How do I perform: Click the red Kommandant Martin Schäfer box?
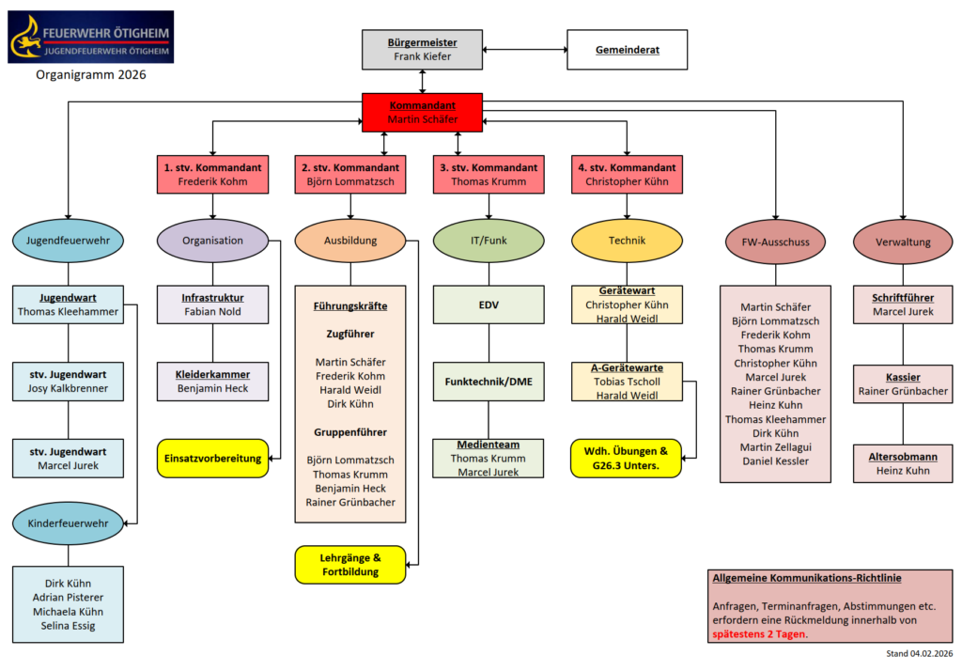point(422,112)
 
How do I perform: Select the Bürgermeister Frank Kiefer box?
point(422,50)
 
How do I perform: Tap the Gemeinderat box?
point(627,50)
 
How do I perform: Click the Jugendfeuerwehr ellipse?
point(68,241)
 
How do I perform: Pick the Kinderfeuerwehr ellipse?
point(68,523)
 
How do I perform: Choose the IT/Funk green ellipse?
point(489,241)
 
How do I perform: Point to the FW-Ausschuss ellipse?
point(776,242)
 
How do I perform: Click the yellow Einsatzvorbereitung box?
point(212,458)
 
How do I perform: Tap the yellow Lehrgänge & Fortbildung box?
point(350,565)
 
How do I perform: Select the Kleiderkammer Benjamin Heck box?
point(212,381)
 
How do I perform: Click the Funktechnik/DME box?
point(489,382)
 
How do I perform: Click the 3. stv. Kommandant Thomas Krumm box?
point(489,175)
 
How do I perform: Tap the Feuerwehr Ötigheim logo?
point(90,37)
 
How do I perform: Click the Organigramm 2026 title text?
point(91,75)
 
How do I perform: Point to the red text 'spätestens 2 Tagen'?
point(758,634)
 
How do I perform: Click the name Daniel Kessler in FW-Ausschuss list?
point(776,461)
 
